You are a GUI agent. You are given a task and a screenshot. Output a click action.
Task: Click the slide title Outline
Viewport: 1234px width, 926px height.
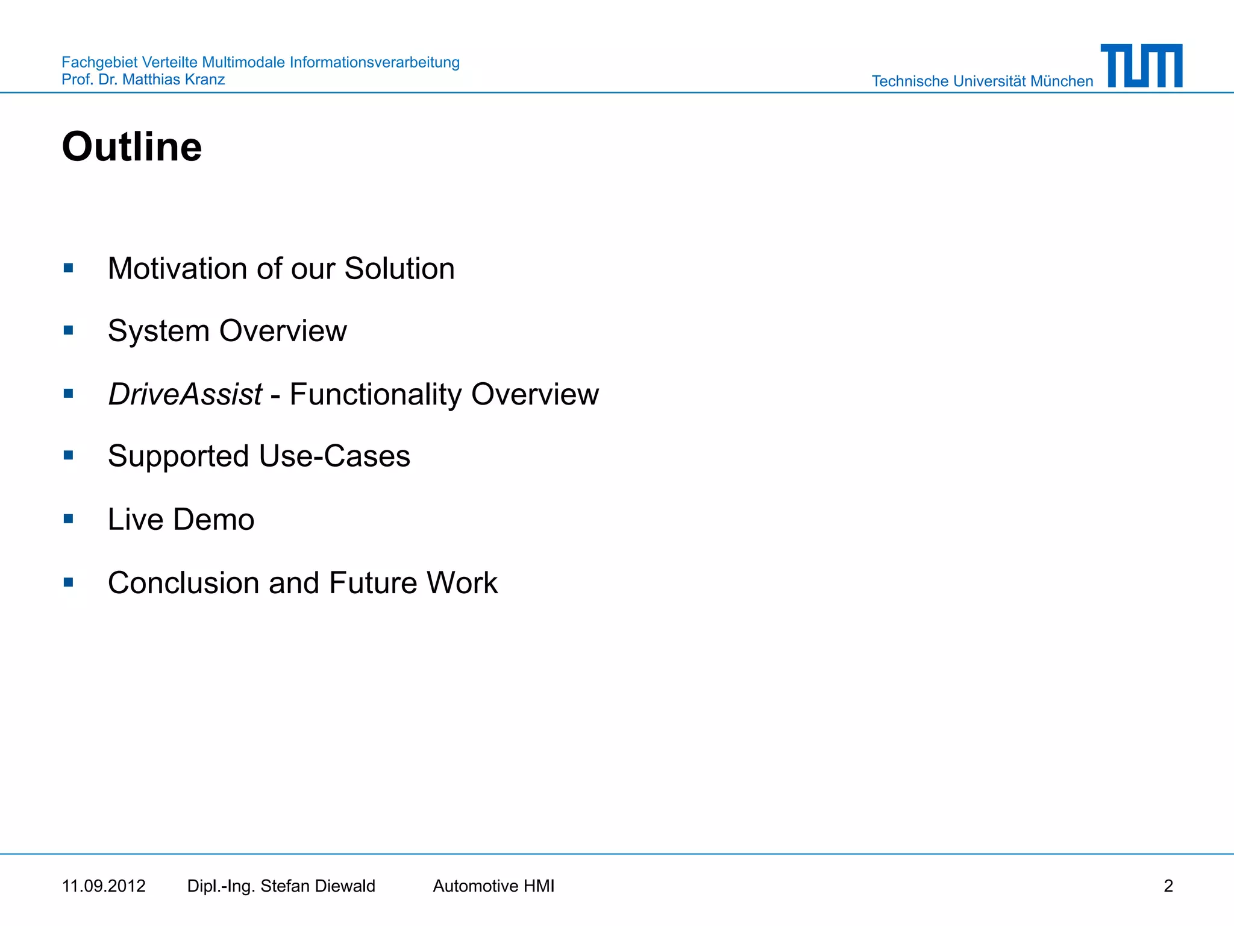[x=132, y=146]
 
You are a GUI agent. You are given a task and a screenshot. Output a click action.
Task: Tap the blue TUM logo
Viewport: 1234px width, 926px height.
[x=1141, y=66]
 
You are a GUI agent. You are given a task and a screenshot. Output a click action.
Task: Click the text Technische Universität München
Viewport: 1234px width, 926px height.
[x=982, y=81]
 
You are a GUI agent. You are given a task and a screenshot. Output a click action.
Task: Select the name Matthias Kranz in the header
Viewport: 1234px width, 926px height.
[x=174, y=80]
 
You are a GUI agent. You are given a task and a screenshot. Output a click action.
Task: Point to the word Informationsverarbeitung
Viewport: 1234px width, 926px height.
[x=374, y=62]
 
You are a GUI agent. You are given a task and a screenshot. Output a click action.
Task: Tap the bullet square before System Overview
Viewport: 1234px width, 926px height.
[x=69, y=330]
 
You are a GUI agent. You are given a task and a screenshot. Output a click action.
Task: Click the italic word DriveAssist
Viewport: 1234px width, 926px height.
[x=185, y=394]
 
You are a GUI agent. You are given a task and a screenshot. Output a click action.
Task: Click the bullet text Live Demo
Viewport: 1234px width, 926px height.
[x=181, y=519]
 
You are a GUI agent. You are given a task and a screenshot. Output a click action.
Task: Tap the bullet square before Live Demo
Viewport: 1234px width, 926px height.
[x=69, y=518]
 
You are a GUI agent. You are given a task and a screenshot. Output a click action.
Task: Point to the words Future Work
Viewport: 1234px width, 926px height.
[x=413, y=583]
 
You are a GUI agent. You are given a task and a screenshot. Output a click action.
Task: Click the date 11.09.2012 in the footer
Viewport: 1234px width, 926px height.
[x=104, y=886]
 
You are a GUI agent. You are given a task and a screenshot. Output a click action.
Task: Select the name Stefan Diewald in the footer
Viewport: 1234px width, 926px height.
[x=318, y=886]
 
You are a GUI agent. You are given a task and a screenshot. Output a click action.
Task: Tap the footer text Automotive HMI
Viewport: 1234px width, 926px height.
[x=493, y=886]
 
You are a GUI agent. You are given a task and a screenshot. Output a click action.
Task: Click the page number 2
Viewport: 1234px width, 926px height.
[x=1168, y=886]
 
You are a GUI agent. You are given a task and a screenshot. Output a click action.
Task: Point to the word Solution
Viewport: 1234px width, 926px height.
[x=399, y=269]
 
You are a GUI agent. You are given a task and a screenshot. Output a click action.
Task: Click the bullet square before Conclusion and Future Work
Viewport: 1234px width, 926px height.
[x=69, y=582]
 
